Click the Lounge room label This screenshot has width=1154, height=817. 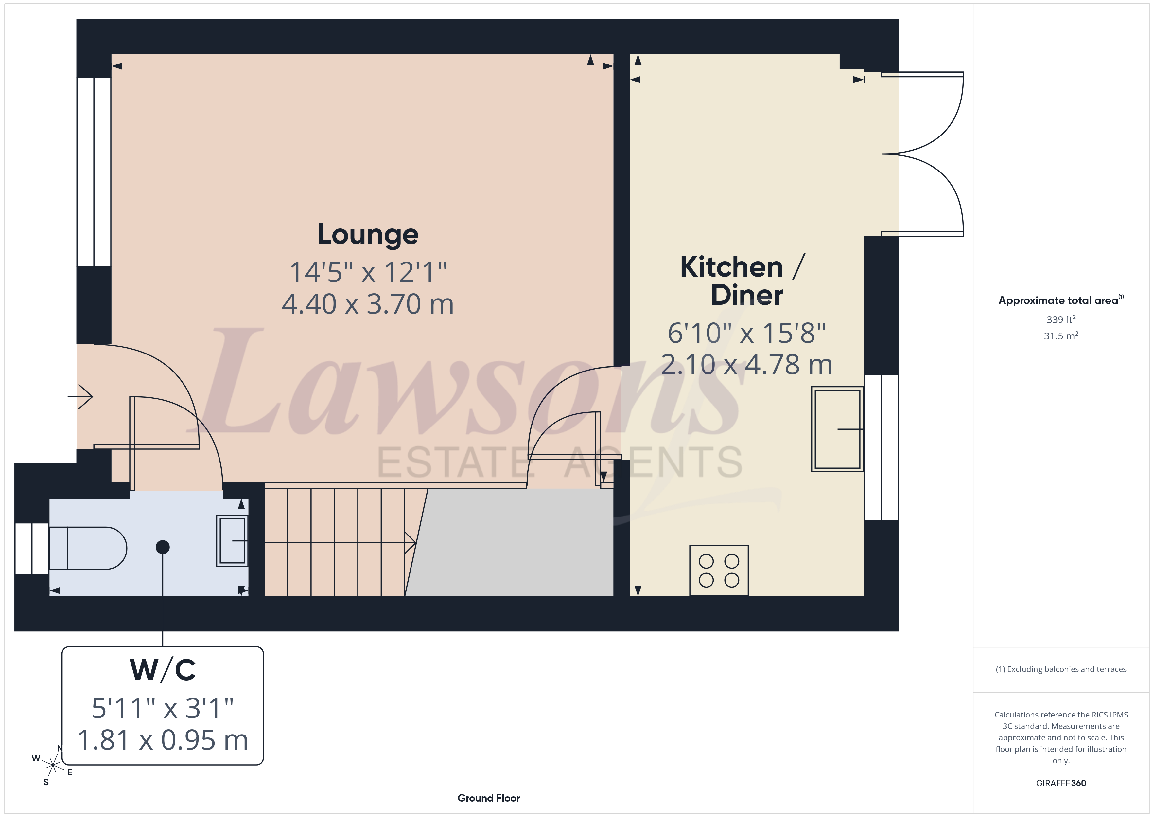point(368,234)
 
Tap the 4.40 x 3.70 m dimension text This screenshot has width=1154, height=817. point(368,304)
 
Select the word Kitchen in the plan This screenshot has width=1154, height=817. point(731,267)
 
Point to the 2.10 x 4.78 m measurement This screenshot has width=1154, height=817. point(746,365)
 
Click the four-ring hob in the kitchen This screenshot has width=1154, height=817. point(719,571)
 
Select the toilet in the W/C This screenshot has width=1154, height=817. point(88,548)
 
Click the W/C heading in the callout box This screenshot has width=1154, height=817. point(163,670)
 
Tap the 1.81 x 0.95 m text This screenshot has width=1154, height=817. point(163,740)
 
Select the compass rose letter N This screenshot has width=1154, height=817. point(60,749)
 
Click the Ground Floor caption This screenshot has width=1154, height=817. point(489,798)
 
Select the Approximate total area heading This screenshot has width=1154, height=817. point(1059,300)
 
